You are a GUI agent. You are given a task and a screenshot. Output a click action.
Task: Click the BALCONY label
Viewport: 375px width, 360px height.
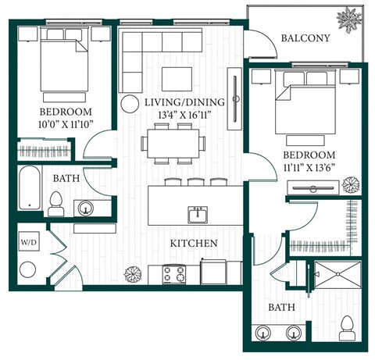pyautogui.click(x=305, y=38)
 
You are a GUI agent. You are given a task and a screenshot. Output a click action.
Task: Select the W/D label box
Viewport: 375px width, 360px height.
pyautogui.click(x=27, y=242)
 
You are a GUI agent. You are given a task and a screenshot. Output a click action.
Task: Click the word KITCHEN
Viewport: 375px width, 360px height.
pyautogui.click(x=193, y=244)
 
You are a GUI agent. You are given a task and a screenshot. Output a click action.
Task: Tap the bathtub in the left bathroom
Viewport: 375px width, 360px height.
pyautogui.click(x=29, y=190)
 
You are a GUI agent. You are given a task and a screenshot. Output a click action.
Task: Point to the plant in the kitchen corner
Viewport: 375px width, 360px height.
pyautogui.click(x=130, y=273)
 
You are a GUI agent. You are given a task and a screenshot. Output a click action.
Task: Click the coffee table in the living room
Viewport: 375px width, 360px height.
pyautogui.click(x=177, y=78)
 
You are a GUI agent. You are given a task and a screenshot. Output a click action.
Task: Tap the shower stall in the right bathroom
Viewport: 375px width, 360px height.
pyautogui.click(x=337, y=282)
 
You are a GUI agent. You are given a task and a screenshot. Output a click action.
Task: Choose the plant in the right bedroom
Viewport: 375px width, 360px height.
pyautogui.click(x=352, y=184)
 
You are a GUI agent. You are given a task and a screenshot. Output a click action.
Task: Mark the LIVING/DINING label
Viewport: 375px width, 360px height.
pyautogui.click(x=184, y=103)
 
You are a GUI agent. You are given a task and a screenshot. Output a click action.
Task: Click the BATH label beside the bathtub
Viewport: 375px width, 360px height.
pyautogui.click(x=66, y=179)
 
